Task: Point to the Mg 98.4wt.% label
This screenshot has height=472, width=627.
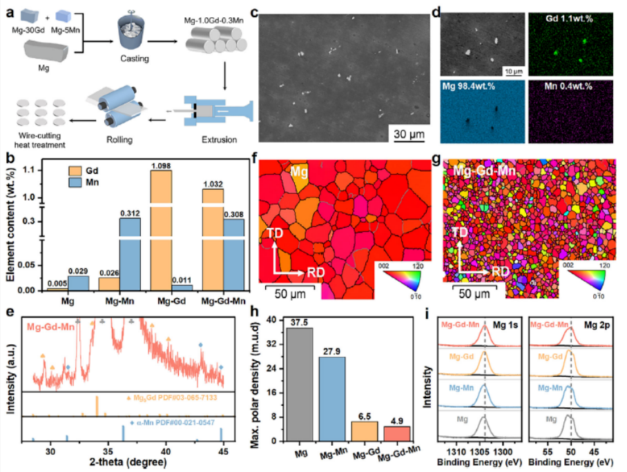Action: click(x=476, y=86)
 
